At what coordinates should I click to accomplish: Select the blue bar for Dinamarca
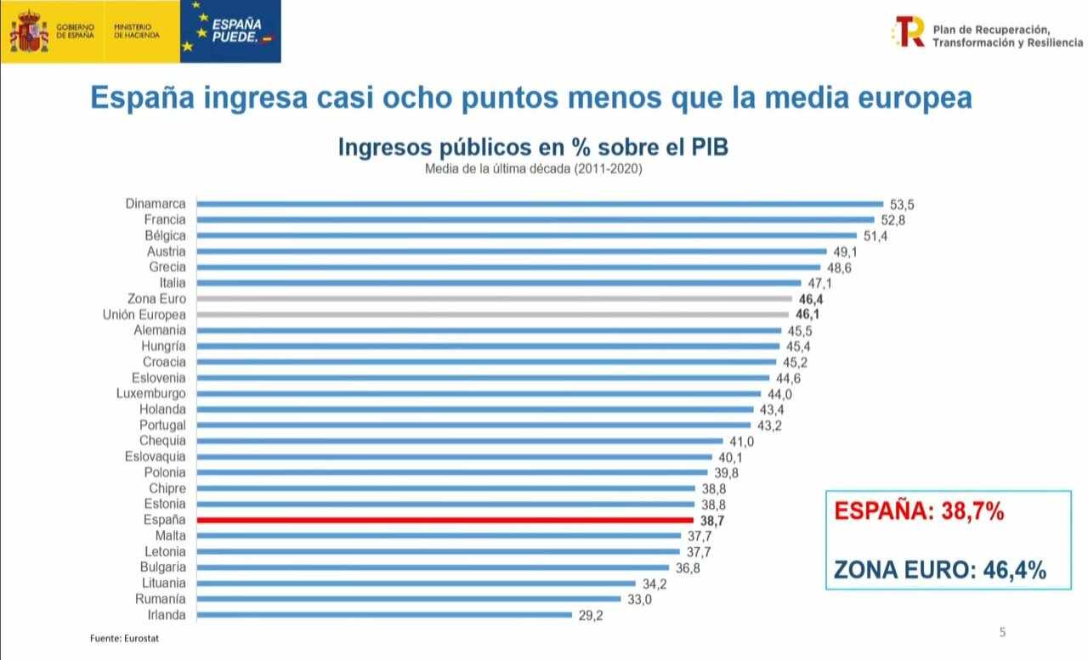(x=540, y=204)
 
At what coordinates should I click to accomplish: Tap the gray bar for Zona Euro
(x=493, y=299)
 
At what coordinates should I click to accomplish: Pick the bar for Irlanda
(x=384, y=615)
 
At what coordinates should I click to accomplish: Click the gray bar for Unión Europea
(x=492, y=314)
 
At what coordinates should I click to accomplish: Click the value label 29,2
(x=590, y=616)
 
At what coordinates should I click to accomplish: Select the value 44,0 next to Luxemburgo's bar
(x=779, y=394)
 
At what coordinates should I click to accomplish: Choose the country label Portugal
(x=162, y=425)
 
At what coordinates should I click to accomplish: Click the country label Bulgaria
(x=162, y=567)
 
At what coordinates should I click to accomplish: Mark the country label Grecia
(x=167, y=267)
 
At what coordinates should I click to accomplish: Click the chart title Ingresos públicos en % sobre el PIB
(x=533, y=147)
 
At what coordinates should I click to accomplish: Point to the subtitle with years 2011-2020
(x=533, y=169)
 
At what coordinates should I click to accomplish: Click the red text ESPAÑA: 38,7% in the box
(x=920, y=511)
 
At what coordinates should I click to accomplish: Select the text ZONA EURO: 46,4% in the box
(x=940, y=569)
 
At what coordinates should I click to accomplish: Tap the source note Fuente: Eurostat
(x=124, y=638)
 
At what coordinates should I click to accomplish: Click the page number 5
(x=1002, y=632)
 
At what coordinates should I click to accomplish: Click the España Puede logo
(x=230, y=31)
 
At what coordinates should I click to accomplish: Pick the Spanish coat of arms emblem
(x=29, y=31)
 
